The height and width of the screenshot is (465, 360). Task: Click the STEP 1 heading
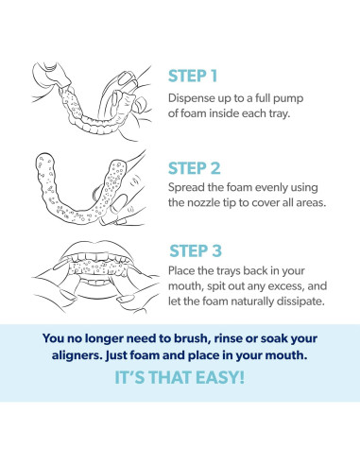tap(193, 76)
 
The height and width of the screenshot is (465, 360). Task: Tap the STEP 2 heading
tap(194, 168)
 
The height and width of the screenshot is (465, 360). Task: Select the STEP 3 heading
tap(196, 250)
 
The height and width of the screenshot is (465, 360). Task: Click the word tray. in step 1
tap(279, 113)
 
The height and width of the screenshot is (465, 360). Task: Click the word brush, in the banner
tap(191, 338)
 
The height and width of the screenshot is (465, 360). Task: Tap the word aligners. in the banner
tap(77, 355)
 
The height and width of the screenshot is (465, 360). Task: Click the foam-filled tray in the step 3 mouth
tap(96, 268)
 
